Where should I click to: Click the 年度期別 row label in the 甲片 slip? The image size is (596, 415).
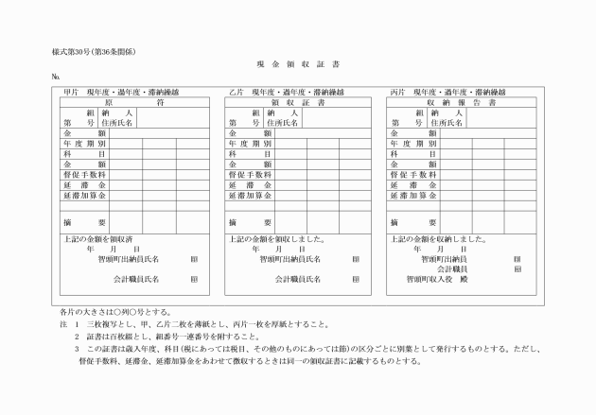85,143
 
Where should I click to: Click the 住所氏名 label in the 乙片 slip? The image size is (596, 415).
282,123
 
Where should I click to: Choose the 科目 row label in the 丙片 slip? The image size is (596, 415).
401,153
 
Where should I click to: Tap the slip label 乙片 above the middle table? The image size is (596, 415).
236,92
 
